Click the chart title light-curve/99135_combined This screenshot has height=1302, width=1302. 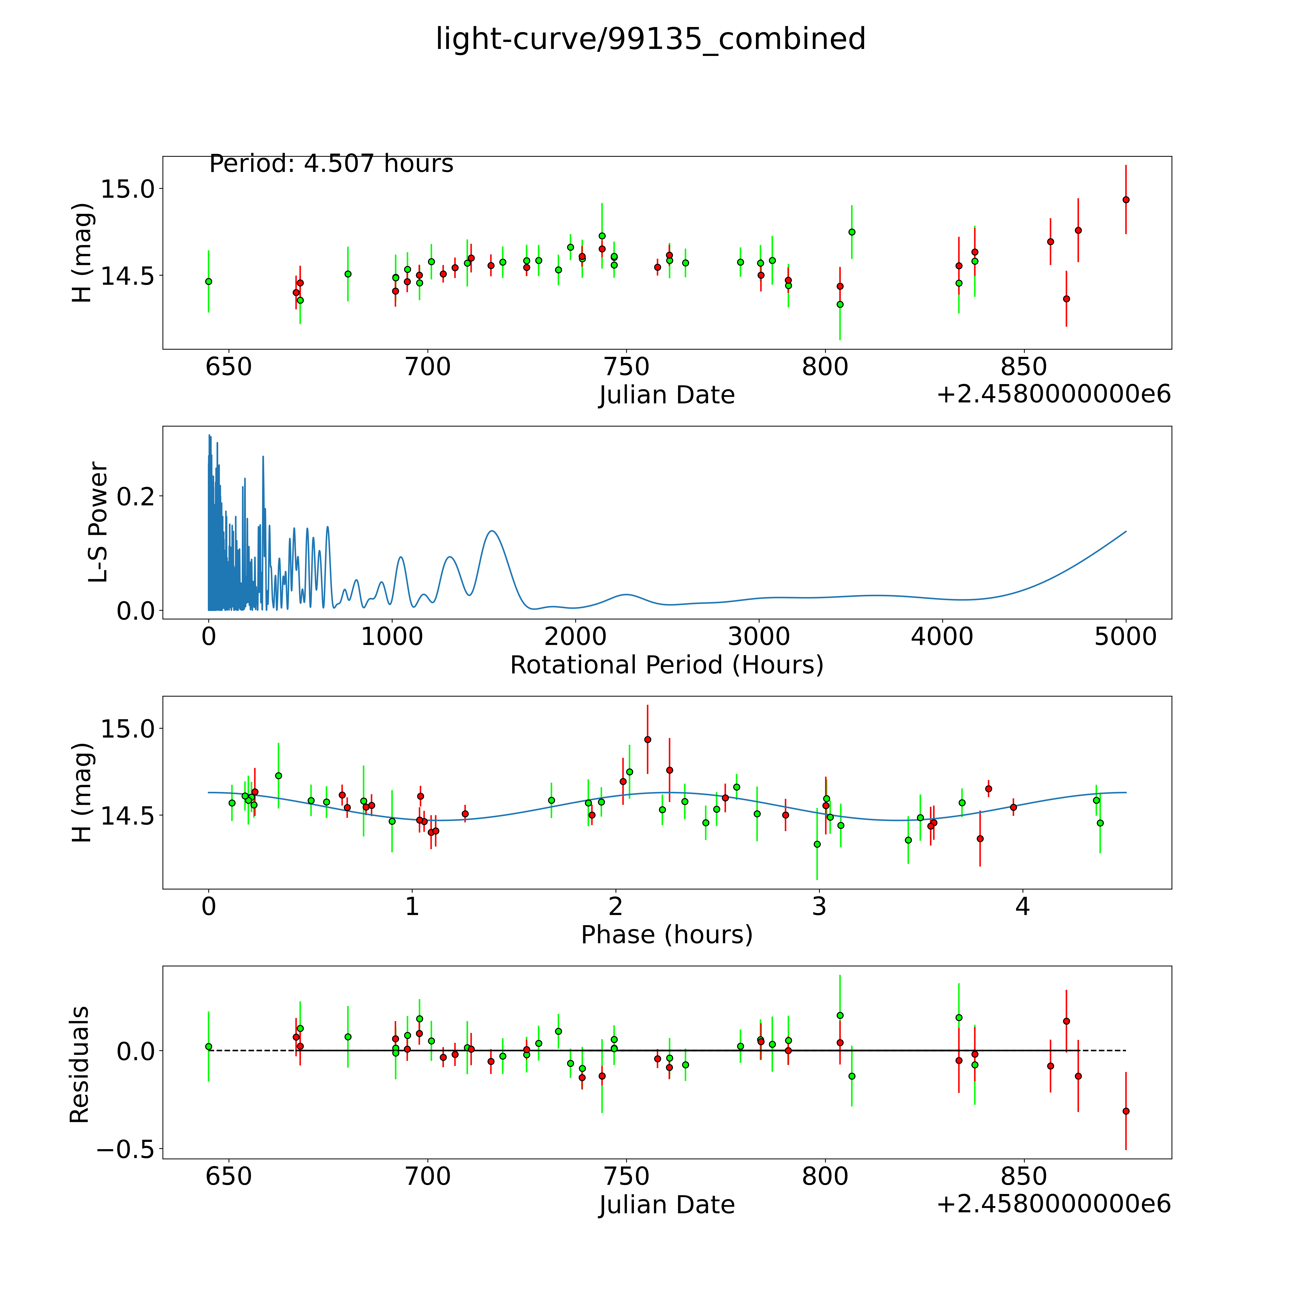[x=650, y=39]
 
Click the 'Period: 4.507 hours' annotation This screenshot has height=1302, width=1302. [x=331, y=164]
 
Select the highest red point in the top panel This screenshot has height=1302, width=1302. [x=1126, y=199]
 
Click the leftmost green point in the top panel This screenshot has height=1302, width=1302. [x=208, y=281]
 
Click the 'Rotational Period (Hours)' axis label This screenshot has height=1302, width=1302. [x=666, y=665]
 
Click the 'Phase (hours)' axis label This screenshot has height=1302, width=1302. [x=666, y=935]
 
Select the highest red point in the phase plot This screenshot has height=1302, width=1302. [x=648, y=739]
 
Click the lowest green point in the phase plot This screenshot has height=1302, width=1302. [x=817, y=844]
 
